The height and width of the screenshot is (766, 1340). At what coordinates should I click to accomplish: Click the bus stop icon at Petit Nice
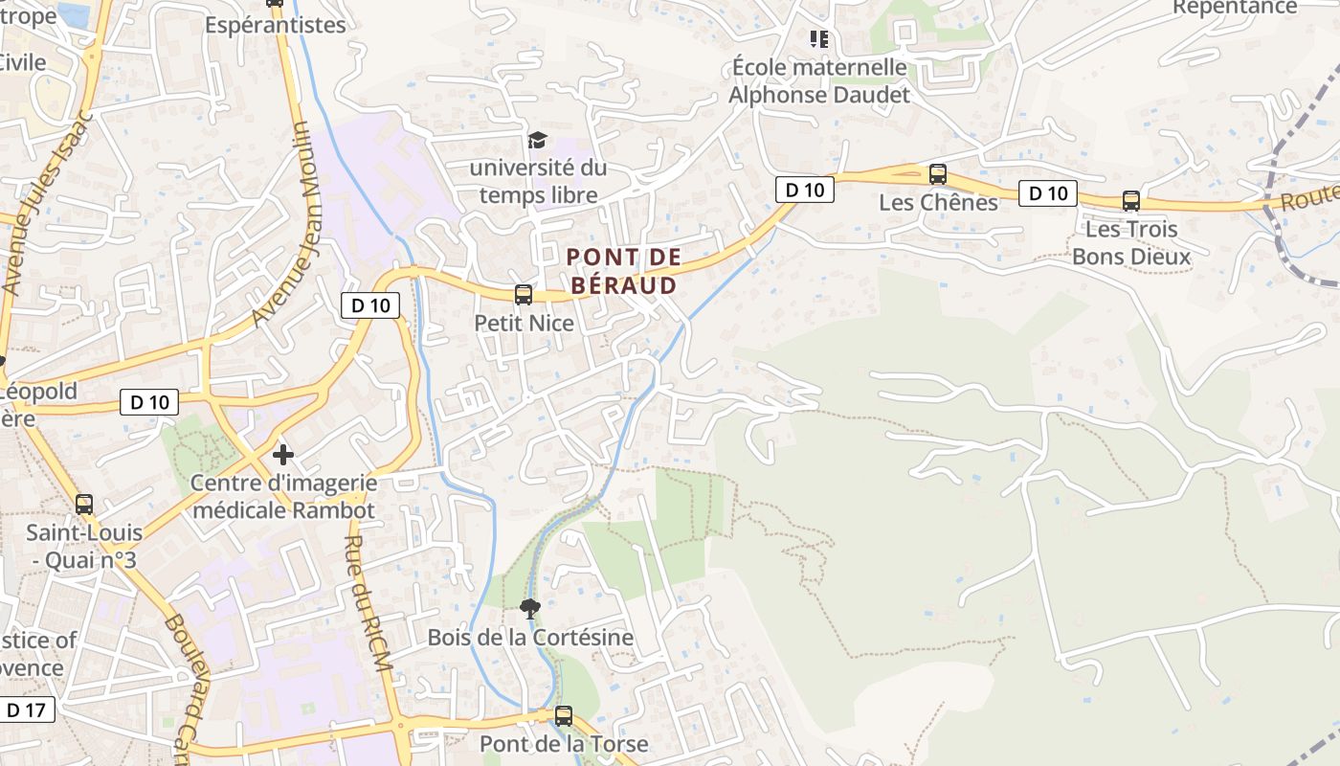tap(523, 295)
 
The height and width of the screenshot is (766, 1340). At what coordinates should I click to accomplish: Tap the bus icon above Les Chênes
tap(938, 174)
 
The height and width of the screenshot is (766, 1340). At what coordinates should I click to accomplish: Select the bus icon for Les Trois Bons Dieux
tap(1130, 201)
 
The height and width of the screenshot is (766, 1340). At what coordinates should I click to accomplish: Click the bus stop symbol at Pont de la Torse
tap(564, 715)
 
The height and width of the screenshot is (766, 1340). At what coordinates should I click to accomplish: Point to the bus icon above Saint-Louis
tap(84, 504)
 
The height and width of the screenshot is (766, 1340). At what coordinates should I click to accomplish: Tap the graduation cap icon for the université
tap(537, 141)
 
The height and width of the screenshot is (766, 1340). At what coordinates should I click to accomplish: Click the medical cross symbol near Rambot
tap(282, 454)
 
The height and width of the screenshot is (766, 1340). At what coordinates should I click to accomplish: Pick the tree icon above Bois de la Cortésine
tap(528, 608)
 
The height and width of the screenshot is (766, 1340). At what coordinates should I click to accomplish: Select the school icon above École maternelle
tap(818, 39)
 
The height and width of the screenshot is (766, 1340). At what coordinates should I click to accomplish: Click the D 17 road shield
tap(26, 710)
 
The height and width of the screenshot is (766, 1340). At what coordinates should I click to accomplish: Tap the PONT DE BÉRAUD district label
tap(623, 271)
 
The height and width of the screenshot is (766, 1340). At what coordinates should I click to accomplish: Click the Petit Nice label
tap(525, 324)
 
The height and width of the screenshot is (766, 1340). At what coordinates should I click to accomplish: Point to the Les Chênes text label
tap(938, 203)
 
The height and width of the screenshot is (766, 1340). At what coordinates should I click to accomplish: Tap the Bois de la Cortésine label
tap(530, 638)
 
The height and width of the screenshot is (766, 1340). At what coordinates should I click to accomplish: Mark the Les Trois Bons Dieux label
tap(1131, 243)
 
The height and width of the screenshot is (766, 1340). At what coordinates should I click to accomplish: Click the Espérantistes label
tap(275, 25)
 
